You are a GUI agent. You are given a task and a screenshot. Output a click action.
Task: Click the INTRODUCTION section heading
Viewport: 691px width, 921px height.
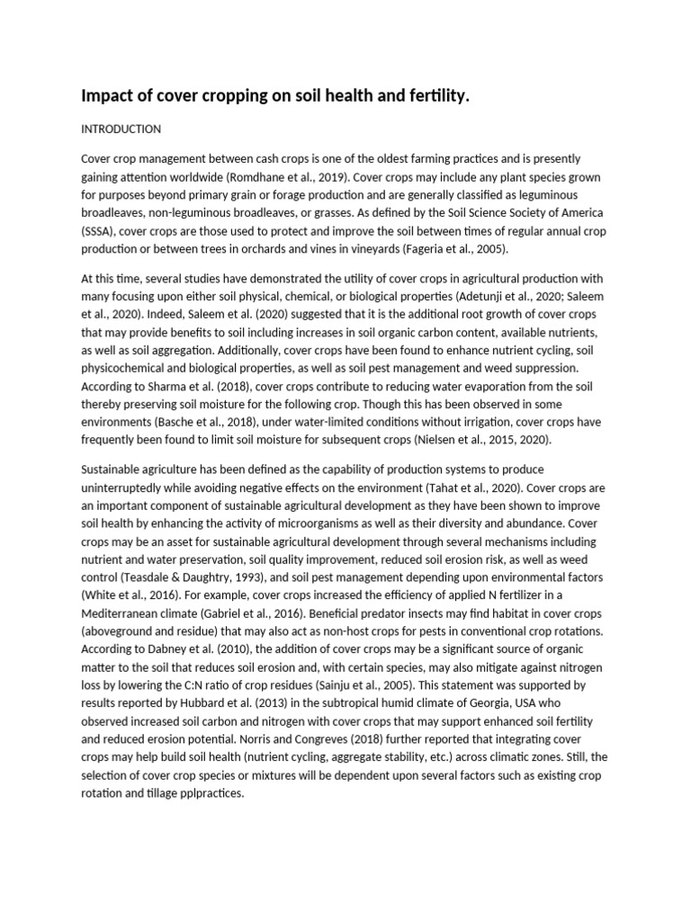[x=121, y=129]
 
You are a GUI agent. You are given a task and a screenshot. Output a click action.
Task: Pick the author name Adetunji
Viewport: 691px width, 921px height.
[x=460, y=298]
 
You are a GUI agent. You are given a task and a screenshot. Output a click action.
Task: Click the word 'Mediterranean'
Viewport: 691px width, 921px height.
[x=121, y=613]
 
